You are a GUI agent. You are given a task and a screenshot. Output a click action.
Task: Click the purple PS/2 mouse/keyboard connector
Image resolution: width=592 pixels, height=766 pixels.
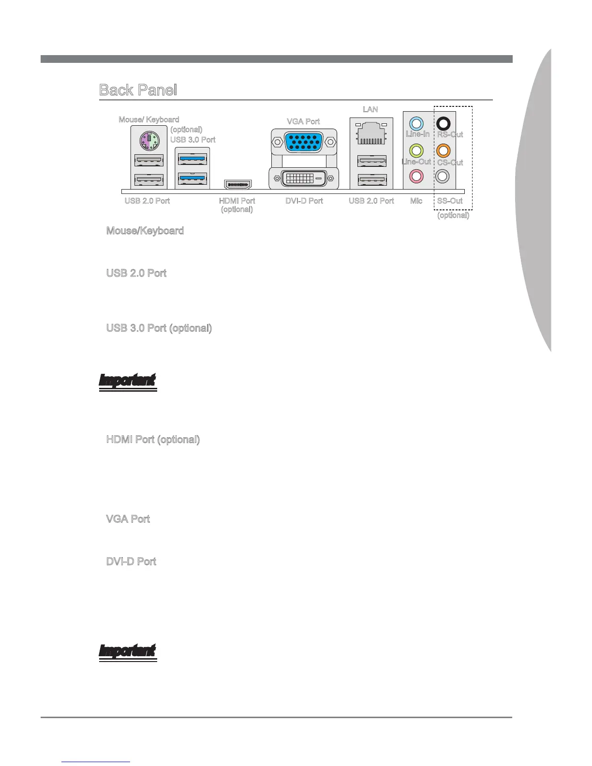[x=148, y=142]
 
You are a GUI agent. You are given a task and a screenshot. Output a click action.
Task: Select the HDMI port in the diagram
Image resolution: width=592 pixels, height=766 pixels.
[x=237, y=184]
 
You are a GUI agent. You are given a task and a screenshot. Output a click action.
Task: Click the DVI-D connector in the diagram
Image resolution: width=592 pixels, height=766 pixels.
[x=303, y=178]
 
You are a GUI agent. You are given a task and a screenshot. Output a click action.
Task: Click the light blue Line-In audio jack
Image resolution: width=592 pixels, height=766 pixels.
[x=416, y=124]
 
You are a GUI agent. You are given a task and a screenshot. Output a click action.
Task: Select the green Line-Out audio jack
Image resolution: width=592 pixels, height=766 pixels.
[x=416, y=150]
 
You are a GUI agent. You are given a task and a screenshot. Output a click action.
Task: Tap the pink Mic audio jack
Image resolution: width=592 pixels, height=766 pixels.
[x=416, y=176]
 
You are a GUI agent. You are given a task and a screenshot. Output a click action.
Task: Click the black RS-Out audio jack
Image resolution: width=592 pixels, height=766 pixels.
[x=443, y=124]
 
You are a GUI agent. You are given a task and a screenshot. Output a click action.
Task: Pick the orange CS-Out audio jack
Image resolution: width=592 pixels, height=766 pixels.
[x=443, y=150]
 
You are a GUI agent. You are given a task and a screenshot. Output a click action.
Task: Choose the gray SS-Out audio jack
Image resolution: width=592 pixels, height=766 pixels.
[x=443, y=176]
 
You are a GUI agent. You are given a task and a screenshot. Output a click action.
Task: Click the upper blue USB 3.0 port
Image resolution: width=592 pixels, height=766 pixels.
[x=192, y=159]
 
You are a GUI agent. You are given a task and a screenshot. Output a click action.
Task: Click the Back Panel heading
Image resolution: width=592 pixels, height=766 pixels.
[x=138, y=90]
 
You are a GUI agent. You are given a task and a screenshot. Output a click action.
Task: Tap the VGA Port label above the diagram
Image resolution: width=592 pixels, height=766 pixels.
[x=303, y=121]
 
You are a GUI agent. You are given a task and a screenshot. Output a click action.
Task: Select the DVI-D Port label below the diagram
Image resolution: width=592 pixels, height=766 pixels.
[x=304, y=201]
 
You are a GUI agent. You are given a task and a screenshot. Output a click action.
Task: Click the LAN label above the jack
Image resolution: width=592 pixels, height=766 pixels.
[x=370, y=109]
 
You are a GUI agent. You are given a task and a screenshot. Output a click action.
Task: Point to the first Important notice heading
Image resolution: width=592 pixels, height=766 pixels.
[x=128, y=381]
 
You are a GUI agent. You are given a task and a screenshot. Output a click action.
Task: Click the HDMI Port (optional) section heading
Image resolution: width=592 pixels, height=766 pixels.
[x=153, y=440]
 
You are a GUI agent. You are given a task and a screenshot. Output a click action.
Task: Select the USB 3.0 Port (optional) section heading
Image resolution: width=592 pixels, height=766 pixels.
[x=159, y=328]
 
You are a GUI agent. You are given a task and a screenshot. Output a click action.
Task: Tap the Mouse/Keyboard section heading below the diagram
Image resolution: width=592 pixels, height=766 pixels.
[x=145, y=231]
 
